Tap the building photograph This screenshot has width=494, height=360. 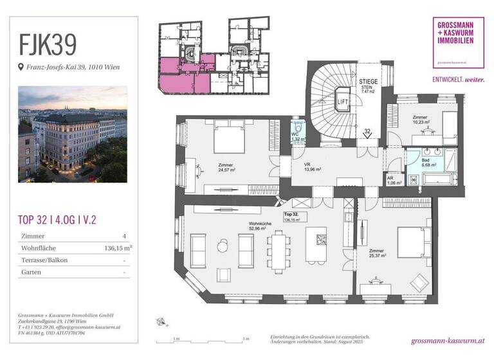(73, 133)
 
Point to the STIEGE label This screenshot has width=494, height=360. (369, 85)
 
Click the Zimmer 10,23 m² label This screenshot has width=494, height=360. (421, 120)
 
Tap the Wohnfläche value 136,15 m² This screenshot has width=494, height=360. (119, 247)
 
